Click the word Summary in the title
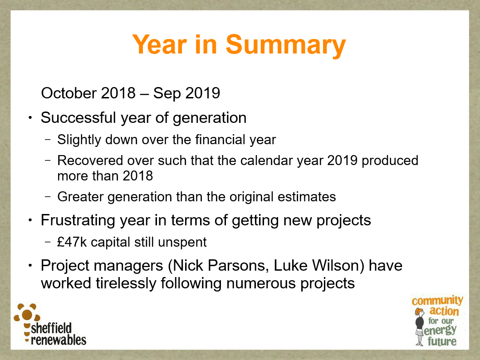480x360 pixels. tap(286, 45)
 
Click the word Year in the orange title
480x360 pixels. tap(159, 44)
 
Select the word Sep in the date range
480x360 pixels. tap(167, 93)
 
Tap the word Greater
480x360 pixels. tap(80, 197)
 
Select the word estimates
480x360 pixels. tap(307, 197)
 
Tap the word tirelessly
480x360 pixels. tap(126, 283)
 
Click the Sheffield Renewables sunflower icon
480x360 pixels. tap(27, 315)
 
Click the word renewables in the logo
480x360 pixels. tap(59, 340)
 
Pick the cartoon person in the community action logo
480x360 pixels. tap(419, 326)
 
